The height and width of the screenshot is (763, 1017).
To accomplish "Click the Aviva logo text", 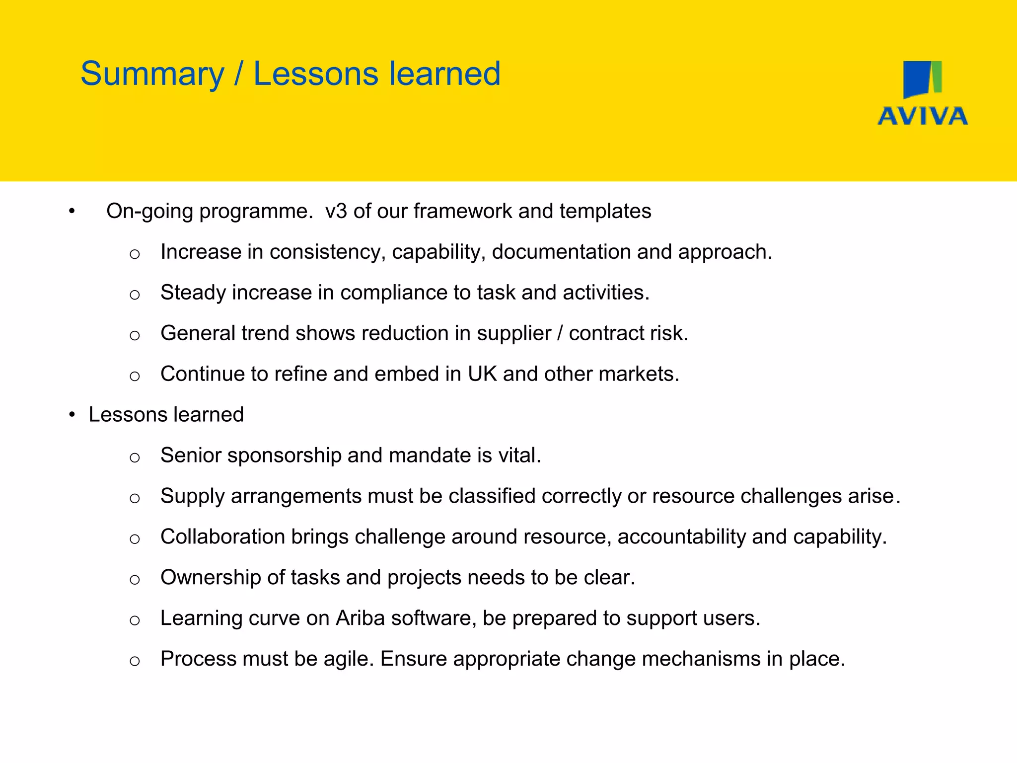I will click(x=923, y=116).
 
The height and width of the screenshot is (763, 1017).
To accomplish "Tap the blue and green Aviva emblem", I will click(x=922, y=79).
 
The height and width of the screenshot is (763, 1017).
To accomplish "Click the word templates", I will click(x=605, y=211).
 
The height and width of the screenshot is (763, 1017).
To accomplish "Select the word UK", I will click(x=482, y=374).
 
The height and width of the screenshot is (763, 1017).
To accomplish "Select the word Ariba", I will click(x=360, y=618).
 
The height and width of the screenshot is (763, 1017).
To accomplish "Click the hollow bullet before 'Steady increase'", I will click(x=135, y=295).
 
